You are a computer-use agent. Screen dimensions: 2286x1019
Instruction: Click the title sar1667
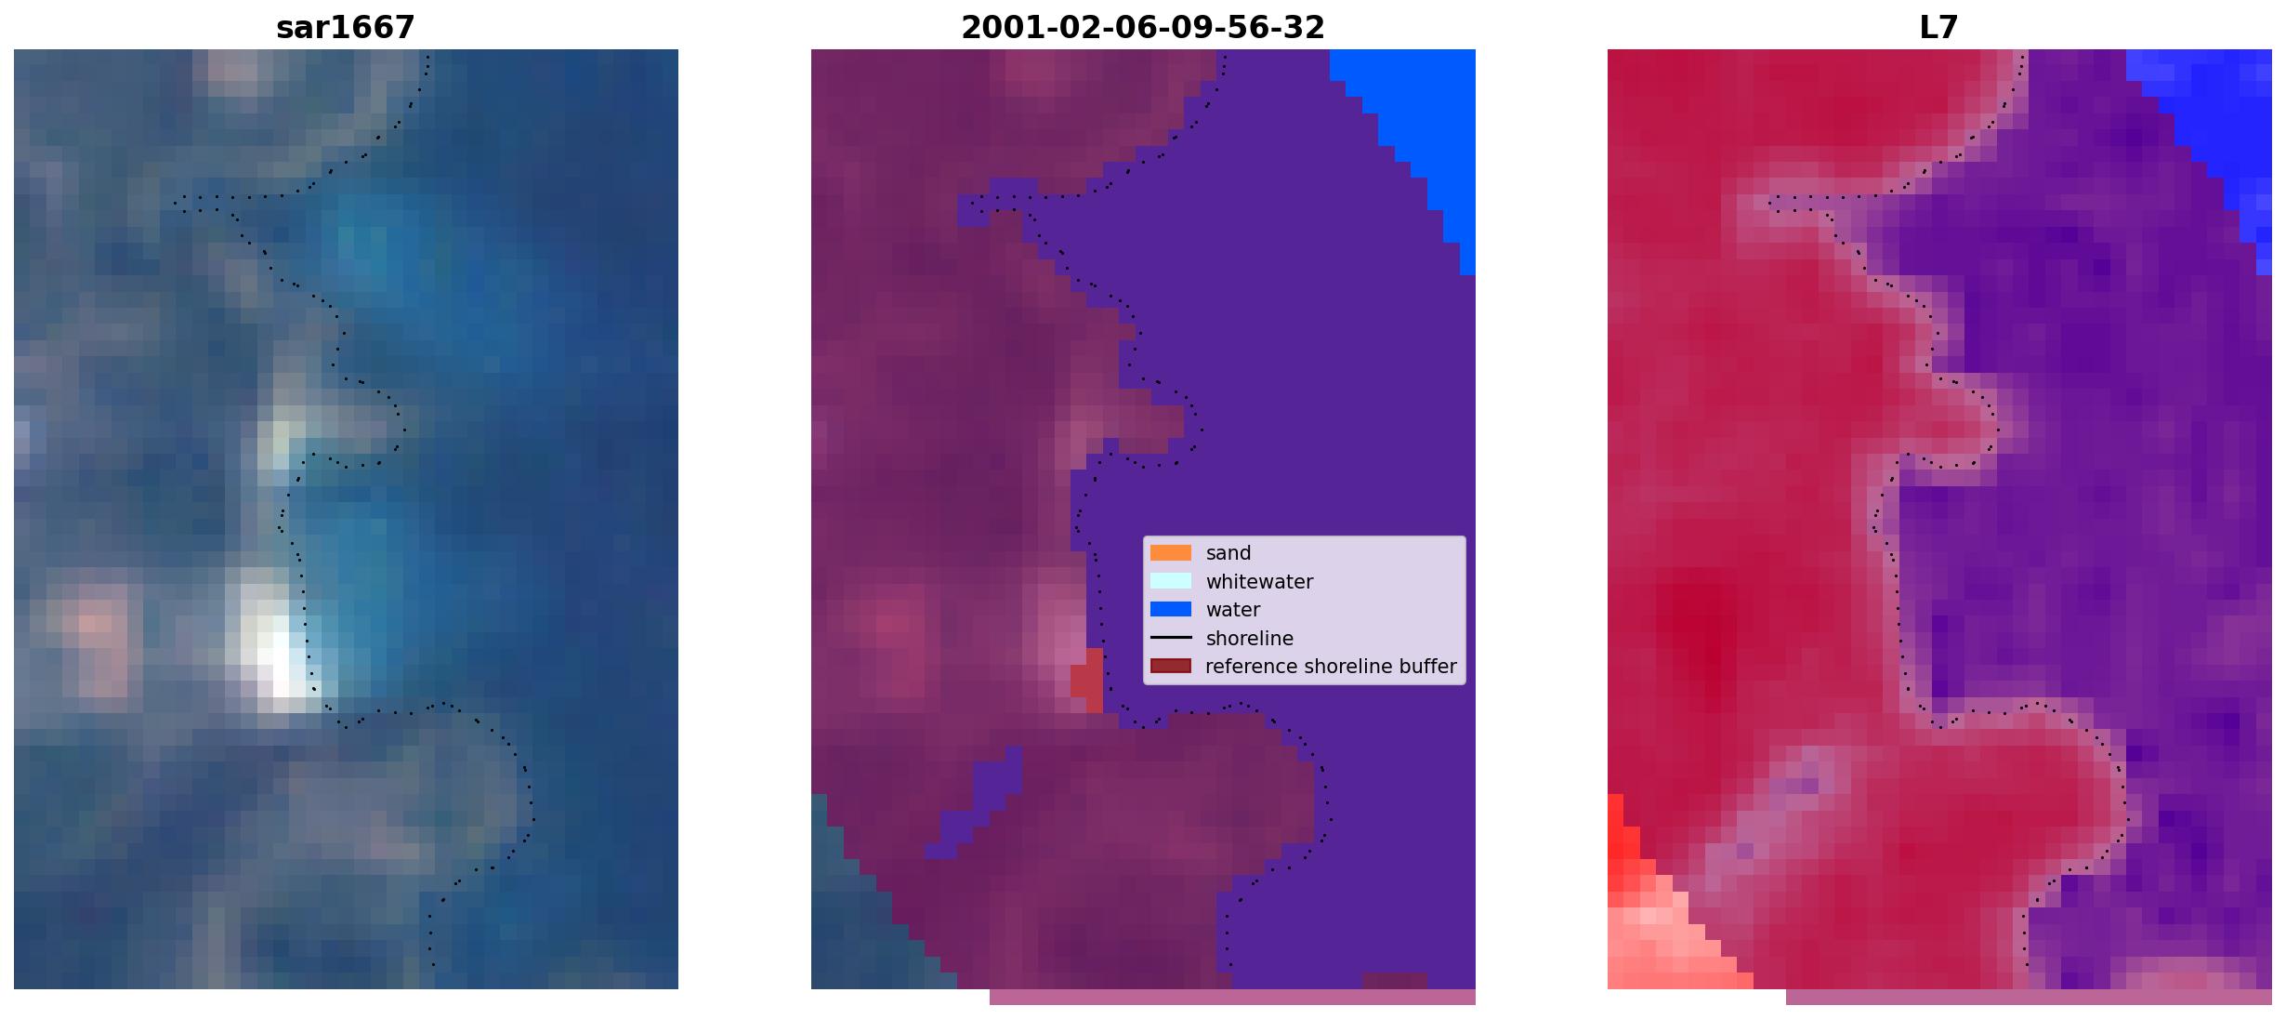coord(346,28)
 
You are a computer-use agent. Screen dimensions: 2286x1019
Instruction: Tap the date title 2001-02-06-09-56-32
coord(1143,28)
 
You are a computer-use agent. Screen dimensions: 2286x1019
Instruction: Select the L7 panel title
coord(1939,28)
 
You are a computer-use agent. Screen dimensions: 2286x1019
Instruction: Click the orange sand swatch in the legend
coord(1171,553)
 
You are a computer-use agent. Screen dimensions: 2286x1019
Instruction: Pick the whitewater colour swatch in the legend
coord(1171,581)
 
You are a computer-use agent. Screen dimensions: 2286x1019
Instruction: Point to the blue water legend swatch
coord(1171,610)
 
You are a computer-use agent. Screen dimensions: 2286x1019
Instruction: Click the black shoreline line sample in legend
coord(1171,638)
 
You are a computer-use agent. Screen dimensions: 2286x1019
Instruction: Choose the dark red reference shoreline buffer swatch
coord(1171,667)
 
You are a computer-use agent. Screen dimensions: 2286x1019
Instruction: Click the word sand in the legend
coord(1228,553)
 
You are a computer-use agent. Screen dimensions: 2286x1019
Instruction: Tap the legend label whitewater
coord(1259,582)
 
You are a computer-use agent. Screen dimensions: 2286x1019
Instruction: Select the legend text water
coord(1233,610)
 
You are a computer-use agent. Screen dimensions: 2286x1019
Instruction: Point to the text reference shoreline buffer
coord(1331,667)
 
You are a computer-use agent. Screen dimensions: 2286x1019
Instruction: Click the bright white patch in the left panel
coord(279,655)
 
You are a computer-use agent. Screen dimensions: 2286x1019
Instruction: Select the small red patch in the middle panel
coord(1087,681)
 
